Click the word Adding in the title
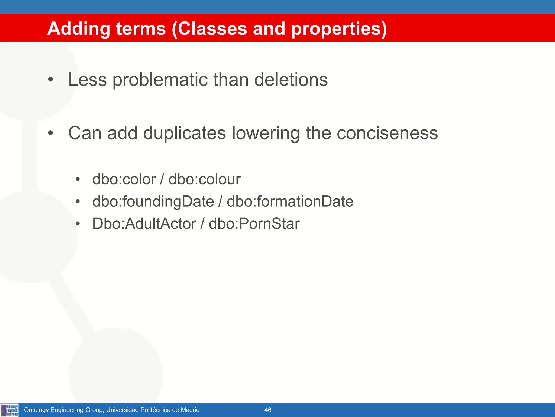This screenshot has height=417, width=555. [x=79, y=29]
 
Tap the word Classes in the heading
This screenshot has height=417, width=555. [x=212, y=29]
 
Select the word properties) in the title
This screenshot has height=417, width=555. [x=339, y=29]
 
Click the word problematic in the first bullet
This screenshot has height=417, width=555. [x=160, y=80]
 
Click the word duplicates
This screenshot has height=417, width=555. [x=184, y=133]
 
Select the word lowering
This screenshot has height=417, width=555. [x=266, y=133]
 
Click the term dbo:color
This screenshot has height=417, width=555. [x=124, y=179]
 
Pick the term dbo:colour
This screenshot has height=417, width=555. [x=204, y=179]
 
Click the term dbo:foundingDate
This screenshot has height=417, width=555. [x=153, y=201]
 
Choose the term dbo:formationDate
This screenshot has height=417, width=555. [x=290, y=201]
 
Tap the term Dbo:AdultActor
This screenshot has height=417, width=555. [x=144, y=224]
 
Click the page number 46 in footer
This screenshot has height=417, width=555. [x=268, y=410]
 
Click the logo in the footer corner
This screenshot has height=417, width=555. [x=10, y=410]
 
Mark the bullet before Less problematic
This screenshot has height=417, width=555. [x=50, y=80]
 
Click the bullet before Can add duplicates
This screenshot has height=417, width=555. [x=50, y=133]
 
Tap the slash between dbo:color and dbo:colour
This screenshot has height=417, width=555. [x=162, y=179]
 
